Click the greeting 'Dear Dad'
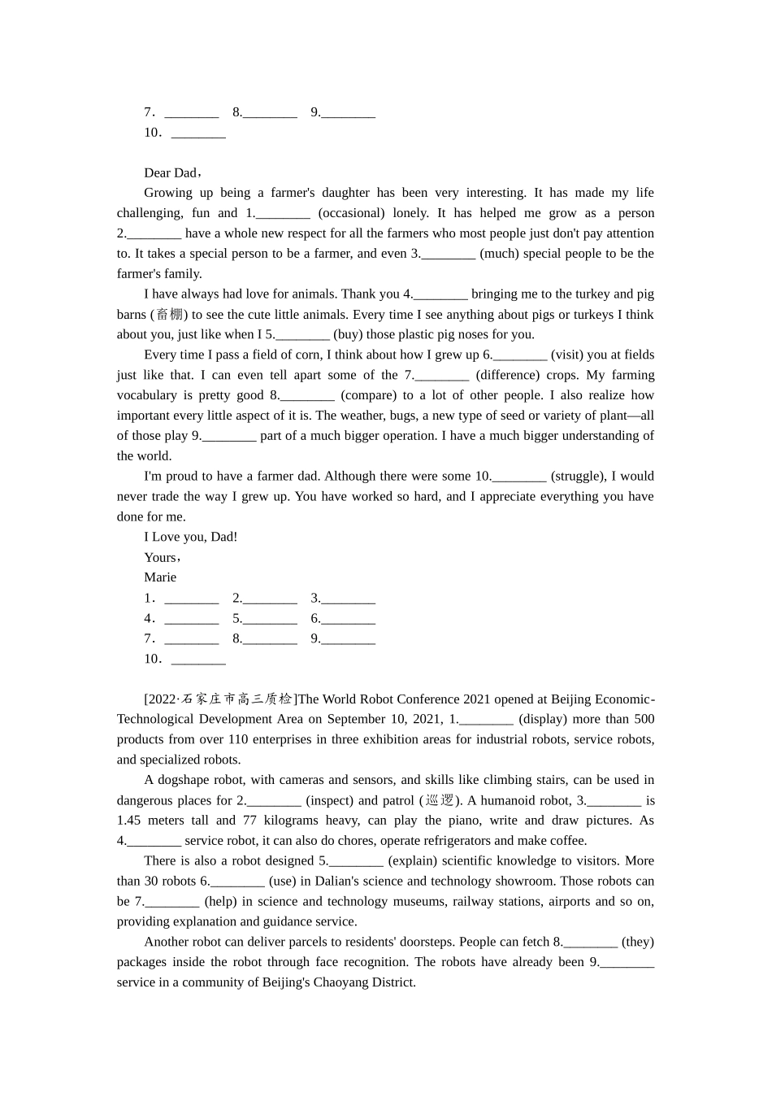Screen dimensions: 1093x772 (x=171, y=172)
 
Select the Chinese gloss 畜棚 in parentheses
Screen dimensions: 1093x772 (x=169, y=315)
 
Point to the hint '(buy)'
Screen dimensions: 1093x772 (x=349, y=334)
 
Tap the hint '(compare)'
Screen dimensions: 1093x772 (x=369, y=395)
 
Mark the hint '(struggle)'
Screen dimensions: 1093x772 (x=578, y=477)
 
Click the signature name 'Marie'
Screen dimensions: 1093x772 (x=160, y=577)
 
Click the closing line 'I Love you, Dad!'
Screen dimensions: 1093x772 (x=191, y=537)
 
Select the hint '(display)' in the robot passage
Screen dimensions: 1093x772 (x=543, y=719)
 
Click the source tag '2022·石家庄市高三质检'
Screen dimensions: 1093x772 (x=219, y=699)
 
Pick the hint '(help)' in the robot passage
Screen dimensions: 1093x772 (x=219, y=901)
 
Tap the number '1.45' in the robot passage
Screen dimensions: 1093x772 (x=129, y=821)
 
